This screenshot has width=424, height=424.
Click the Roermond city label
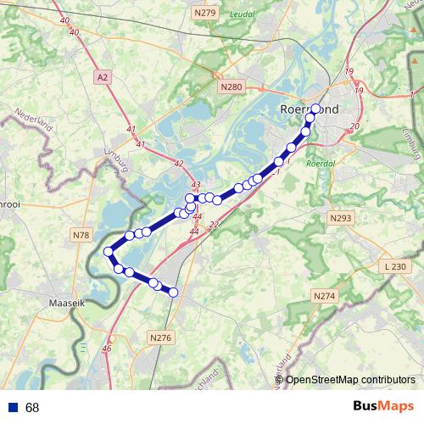coord(309,109)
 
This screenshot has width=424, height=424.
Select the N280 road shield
coord(231,86)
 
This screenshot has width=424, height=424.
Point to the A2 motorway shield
coord(103,77)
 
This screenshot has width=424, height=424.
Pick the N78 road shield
coord(81,234)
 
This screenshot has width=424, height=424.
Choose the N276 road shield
coord(160,338)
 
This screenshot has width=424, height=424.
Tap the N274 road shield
coord(325,296)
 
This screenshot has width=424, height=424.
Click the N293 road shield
coord(339,218)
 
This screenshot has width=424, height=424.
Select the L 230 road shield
coord(396,267)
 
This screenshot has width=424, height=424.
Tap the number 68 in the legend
coord(32,408)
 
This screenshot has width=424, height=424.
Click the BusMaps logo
coord(382,406)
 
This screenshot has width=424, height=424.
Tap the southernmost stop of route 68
coord(173,293)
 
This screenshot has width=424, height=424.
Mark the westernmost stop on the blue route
coord(109,251)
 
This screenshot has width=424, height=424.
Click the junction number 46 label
coord(107,349)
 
